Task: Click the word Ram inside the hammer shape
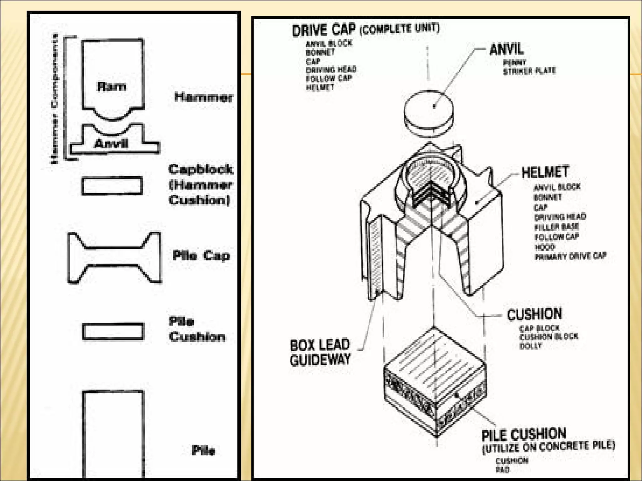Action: click(x=112, y=86)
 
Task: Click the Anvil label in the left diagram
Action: click(x=111, y=144)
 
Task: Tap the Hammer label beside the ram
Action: click(x=203, y=97)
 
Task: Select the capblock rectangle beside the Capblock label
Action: click(x=112, y=186)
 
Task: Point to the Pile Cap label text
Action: click(x=201, y=255)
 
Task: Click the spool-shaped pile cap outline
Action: click(x=114, y=257)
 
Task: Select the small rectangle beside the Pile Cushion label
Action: click(x=113, y=331)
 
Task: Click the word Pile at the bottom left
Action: click(x=203, y=450)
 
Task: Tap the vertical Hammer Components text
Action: click(x=54, y=99)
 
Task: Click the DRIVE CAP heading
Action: click(x=324, y=30)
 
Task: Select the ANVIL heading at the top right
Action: click(x=507, y=49)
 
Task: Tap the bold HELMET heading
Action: click(x=545, y=172)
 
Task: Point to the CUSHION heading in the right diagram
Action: click(x=534, y=314)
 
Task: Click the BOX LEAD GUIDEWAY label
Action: click(x=320, y=352)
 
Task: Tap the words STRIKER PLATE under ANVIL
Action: click(x=529, y=71)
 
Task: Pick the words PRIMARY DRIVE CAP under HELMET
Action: click(x=570, y=256)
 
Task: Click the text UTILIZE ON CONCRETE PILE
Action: click(x=549, y=447)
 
